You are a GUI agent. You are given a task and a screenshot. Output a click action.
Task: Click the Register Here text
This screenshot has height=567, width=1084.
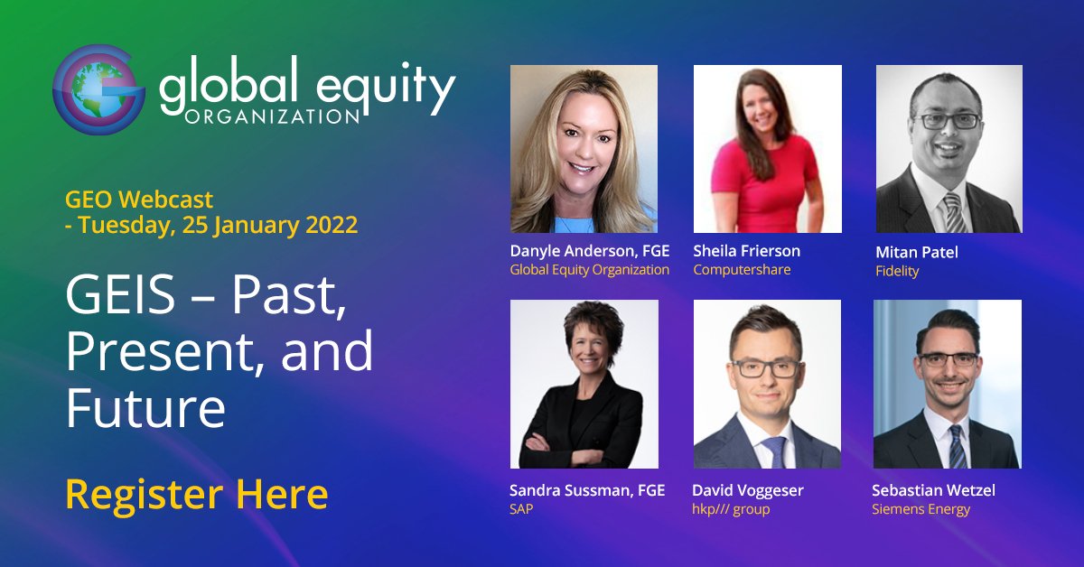196,494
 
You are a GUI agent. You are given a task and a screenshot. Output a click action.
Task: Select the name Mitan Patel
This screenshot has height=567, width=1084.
917,253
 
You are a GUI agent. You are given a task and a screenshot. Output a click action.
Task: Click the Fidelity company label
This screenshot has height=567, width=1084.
897,271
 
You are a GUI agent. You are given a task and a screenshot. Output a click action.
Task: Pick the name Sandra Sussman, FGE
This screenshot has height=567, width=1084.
587,490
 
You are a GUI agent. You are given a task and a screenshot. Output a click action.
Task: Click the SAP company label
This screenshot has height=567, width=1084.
522,509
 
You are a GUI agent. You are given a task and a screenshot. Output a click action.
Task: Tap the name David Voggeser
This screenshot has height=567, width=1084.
747,490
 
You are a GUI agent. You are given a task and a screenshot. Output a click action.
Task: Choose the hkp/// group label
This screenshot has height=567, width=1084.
731,509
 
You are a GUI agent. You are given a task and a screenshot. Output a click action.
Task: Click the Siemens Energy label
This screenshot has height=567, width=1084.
920,509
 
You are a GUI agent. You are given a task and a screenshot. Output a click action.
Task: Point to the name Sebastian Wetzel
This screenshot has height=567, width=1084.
933,490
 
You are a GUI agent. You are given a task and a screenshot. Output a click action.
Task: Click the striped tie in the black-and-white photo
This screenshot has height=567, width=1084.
951,211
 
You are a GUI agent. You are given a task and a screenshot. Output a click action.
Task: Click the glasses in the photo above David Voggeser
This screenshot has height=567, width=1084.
765,367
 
